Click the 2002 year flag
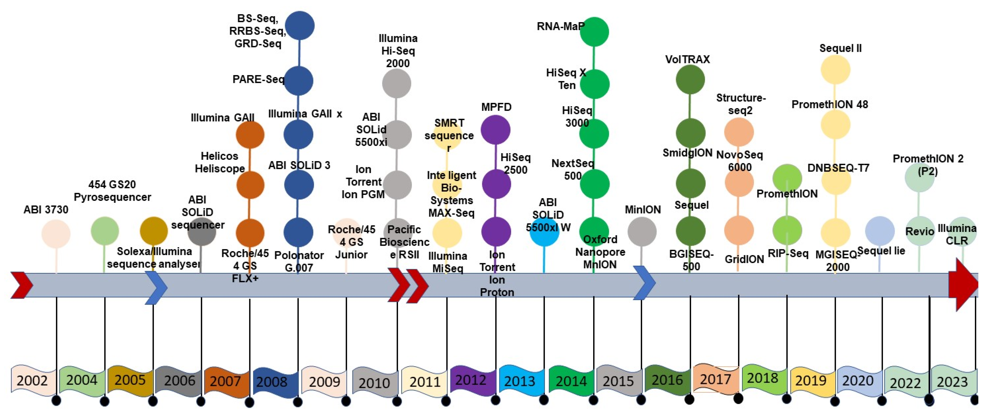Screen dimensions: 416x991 (33, 380)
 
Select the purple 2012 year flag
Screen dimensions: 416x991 (472, 380)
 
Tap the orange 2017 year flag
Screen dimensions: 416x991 (716, 379)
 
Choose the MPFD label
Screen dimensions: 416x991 (496, 107)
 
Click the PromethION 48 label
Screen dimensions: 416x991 (829, 104)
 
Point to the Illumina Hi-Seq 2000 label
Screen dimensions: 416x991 (398, 51)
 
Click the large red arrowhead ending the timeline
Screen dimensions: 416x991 (964, 284)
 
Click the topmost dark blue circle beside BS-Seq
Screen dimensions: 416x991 (300, 25)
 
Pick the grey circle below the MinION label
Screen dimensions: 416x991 (642, 231)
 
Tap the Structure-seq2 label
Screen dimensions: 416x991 (741, 104)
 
